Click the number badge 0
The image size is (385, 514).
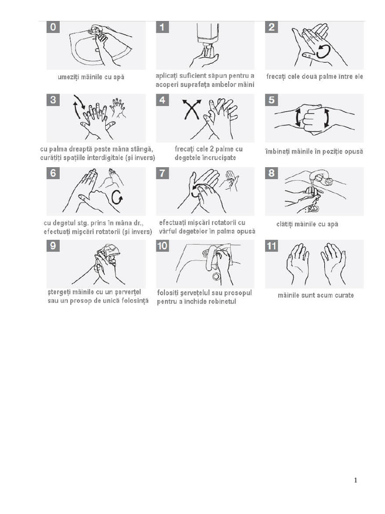53,27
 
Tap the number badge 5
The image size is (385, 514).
271,100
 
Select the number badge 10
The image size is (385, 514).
162,246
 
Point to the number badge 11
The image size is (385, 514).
272,246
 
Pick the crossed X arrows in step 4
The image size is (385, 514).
191,109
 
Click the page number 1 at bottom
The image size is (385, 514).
355,480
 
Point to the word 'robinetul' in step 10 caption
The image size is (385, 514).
221,302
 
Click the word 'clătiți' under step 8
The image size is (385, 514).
285,224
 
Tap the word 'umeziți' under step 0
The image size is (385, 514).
68,77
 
